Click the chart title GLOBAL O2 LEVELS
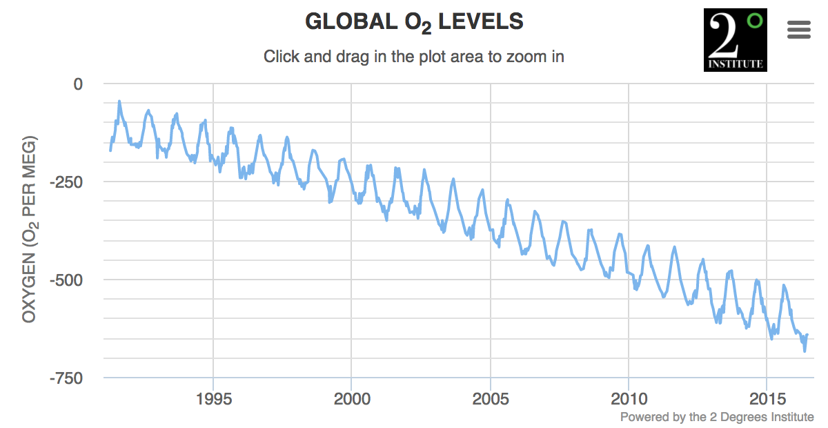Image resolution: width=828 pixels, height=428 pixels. pos(414,22)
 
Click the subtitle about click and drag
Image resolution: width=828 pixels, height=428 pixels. pos(414,57)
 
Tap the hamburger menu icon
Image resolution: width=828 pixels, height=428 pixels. pos(799,30)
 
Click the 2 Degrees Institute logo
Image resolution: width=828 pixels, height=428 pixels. pos(735,40)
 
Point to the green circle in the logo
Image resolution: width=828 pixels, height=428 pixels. pos(755,21)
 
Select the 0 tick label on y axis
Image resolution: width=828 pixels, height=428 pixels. pos(77,84)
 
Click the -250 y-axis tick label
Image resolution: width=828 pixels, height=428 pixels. pos(68,182)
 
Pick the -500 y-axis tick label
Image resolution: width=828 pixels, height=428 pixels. pos(68,280)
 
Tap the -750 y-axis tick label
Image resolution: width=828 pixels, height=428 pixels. pos(68,378)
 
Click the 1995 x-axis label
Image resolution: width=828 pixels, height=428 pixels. pos(213,399)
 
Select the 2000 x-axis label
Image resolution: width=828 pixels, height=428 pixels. pos(351,399)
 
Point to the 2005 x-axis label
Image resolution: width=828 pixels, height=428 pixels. pos(491,399)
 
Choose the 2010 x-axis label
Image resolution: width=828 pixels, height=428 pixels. pos(629,399)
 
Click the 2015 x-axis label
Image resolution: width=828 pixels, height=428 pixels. pos(767,399)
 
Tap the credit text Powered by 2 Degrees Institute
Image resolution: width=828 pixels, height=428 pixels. pos(717,417)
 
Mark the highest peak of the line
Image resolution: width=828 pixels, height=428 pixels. pos(119,101)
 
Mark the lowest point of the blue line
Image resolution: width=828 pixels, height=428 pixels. pos(805,351)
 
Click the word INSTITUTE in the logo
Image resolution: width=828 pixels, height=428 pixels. pos(735,64)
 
